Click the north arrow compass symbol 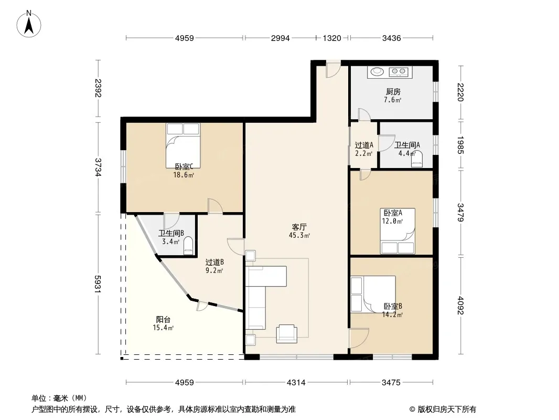[29, 24]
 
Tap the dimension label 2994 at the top [280, 38]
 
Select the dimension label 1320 [332, 38]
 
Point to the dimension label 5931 [99, 283]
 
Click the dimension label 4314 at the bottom [296, 383]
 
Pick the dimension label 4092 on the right [460, 306]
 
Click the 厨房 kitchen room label [393, 92]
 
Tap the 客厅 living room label [299, 227]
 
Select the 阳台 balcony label [163, 319]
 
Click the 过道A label [364, 145]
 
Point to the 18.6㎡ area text [184, 175]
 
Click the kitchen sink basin [377, 72]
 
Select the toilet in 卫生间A [417, 159]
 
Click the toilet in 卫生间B [188, 246]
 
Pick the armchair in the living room [287, 334]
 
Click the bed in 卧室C [183, 145]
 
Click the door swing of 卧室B [359, 338]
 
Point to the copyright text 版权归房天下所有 [447, 409]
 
